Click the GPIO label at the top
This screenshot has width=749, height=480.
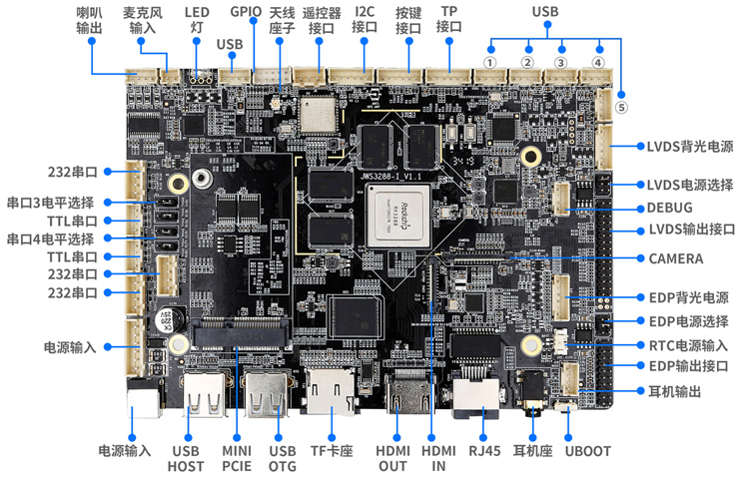(x=246, y=12)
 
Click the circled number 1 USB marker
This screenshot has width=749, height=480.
(x=489, y=62)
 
